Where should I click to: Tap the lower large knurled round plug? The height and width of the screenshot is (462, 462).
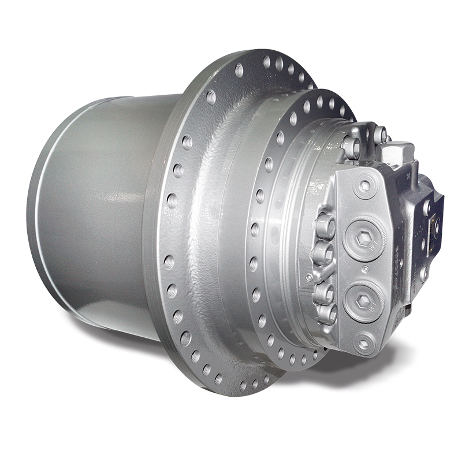coord(364,300)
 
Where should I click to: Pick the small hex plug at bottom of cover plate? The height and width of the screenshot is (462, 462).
coord(363,345)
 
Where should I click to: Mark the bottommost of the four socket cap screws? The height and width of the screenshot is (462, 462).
coord(326,312)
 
